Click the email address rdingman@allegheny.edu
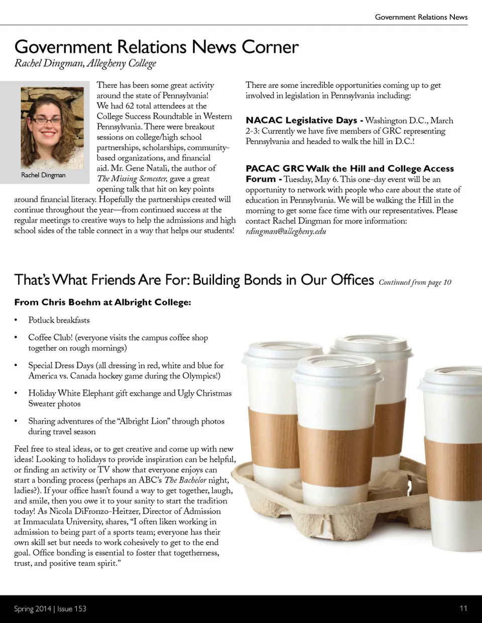click(x=286, y=232)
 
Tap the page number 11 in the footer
click(x=463, y=608)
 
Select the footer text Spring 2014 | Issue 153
click(x=50, y=609)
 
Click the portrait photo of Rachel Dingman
click(x=52, y=128)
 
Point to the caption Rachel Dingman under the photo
click(x=43, y=175)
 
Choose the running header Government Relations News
click(x=421, y=17)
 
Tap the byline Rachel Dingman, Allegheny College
click(x=85, y=64)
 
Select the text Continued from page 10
click(x=415, y=282)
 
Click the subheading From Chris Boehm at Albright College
click(x=102, y=302)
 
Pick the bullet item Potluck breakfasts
click(x=59, y=320)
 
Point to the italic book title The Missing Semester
click(x=132, y=179)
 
